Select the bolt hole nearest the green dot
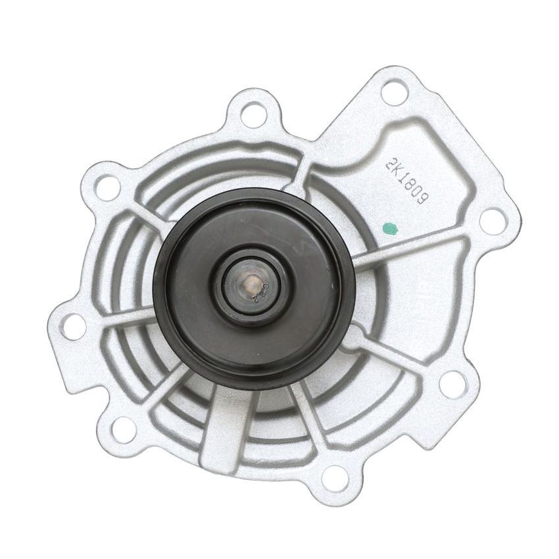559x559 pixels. pyautogui.click(x=492, y=220)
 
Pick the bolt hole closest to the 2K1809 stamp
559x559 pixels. pyautogui.click(x=394, y=91)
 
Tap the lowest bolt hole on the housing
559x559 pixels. pyautogui.click(x=335, y=477)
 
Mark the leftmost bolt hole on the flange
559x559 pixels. pyautogui.click(x=74, y=326)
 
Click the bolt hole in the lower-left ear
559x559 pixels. pyautogui.click(x=122, y=429)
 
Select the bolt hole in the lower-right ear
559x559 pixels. pyautogui.click(x=452, y=384)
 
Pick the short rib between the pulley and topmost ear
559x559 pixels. pyautogui.click(x=299, y=175)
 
